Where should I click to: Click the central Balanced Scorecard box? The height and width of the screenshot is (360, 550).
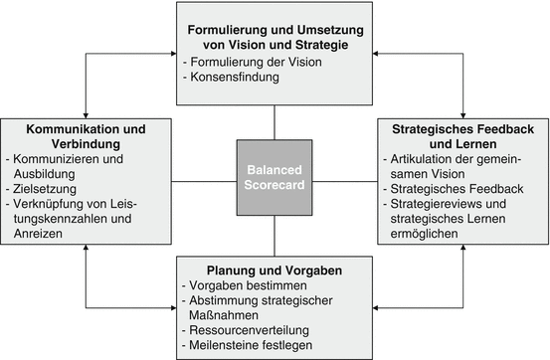[x=275, y=178]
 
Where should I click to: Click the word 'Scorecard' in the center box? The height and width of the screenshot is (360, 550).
[x=275, y=187]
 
